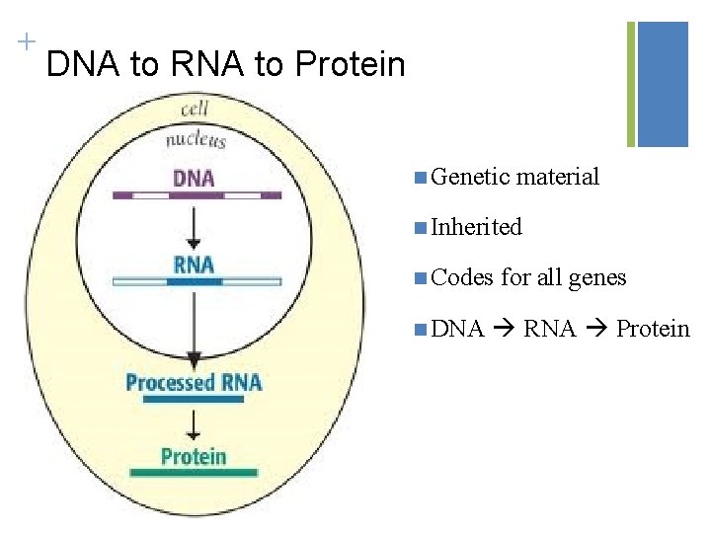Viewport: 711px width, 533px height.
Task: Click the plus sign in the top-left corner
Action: pyautogui.click(x=26, y=41)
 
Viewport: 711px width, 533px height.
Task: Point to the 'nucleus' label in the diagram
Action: pyautogui.click(x=196, y=139)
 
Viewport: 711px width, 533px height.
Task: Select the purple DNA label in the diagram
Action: pyautogui.click(x=194, y=178)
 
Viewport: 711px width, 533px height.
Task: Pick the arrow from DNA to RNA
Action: pyautogui.click(x=194, y=226)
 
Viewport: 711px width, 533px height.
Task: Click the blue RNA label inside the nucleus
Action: pyautogui.click(x=194, y=264)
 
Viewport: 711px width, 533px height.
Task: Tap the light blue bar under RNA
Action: pyautogui.click(x=197, y=281)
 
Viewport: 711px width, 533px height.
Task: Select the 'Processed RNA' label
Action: pyautogui.click(x=194, y=382)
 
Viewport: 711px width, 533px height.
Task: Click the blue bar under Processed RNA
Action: pyautogui.click(x=194, y=400)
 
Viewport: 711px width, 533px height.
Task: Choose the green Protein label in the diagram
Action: pyautogui.click(x=194, y=457)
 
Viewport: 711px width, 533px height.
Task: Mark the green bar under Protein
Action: pyautogui.click(x=194, y=474)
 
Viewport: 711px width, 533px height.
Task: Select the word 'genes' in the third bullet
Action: pyautogui.click(x=596, y=278)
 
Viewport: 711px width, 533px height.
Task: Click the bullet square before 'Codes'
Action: pyautogui.click(x=421, y=278)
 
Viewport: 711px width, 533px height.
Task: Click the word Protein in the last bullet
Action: pyautogui.click(x=653, y=329)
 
